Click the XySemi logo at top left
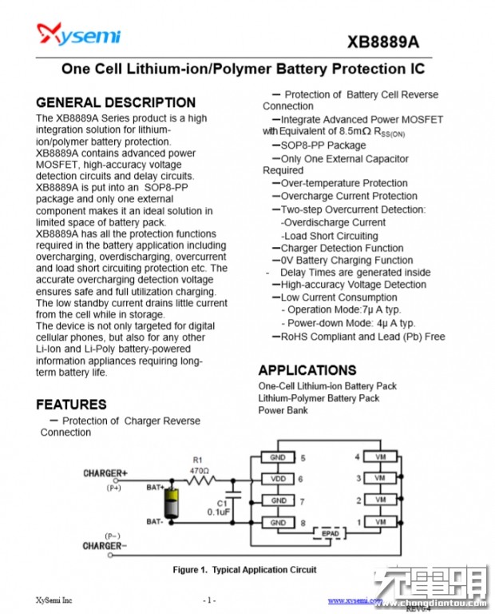78,34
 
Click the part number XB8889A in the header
382,42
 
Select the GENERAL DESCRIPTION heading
116,102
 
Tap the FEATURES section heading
71,404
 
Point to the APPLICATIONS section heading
307,370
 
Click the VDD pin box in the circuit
279,479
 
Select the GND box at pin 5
279,457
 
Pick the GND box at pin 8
279,522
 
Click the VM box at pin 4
379,457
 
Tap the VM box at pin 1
379,522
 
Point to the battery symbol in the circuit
170,504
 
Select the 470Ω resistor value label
200,471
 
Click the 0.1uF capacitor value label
219,512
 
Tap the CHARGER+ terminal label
105,473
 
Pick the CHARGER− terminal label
105,546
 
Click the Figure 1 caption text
244,570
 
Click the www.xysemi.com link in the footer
354,600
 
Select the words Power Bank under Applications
283,410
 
